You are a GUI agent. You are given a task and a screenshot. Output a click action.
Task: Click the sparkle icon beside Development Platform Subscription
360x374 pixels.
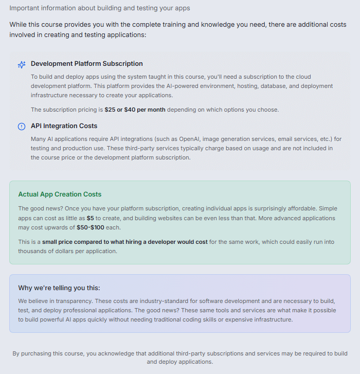click(x=22, y=64)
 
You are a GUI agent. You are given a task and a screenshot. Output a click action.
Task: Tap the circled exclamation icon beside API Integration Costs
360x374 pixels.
click(x=22, y=127)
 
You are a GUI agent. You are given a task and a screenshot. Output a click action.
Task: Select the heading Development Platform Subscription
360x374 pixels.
click(x=86, y=64)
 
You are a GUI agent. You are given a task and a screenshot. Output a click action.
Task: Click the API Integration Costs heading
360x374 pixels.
click(x=64, y=126)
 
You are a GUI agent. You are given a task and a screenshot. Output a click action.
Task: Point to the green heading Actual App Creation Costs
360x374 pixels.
click(x=60, y=194)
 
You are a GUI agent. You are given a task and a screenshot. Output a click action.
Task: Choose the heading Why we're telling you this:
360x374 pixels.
click(x=59, y=288)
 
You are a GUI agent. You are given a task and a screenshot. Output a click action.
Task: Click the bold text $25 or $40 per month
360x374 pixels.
click(x=135, y=110)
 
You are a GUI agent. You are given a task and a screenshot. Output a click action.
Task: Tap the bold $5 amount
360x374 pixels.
click(x=90, y=218)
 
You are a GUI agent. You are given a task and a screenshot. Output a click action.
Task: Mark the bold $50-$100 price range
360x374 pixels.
click(x=91, y=227)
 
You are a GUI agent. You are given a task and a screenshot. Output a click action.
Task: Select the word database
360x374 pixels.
click(x=266, y=86)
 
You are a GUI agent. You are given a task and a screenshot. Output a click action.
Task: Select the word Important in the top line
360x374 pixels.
click(x=25, y=8)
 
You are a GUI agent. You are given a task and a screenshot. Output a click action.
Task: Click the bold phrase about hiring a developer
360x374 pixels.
click(x=125, y=242)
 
